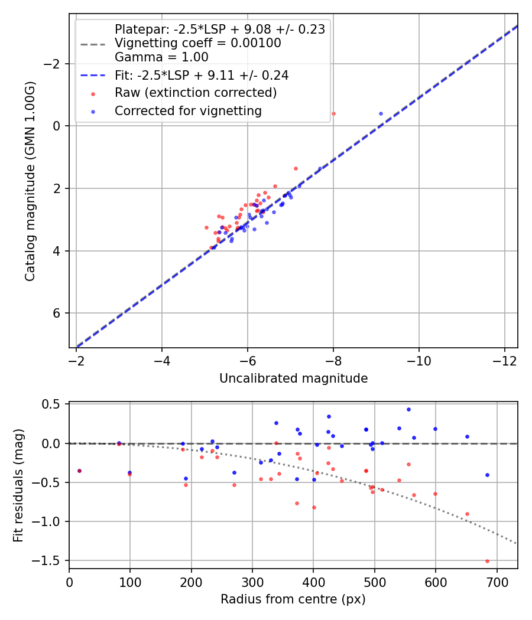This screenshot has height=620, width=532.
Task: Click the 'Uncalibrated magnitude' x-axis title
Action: tap(293, 378)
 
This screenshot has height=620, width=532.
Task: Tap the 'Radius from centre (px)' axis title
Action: tap(293, 599)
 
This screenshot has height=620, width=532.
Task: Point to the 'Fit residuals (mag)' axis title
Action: tap(18, 485)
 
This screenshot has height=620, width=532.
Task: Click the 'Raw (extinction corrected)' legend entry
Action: tap(196, 93)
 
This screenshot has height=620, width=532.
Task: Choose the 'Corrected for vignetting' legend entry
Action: tap(188, 110)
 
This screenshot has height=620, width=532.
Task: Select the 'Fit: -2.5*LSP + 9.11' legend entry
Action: tap(202, 76)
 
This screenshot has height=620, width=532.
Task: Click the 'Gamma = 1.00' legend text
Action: tap(161, 57)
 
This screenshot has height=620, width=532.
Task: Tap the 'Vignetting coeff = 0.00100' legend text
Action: tap(198, 43)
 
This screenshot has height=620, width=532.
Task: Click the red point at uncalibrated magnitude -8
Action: tap(333, 113)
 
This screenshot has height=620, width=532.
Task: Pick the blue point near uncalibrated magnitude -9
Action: tap(381, 113)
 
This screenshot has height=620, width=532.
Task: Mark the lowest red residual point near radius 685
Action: tap(487, 561)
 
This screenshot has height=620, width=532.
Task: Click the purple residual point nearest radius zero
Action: tap(79, 471)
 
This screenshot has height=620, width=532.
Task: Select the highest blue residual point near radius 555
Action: tap(408, 409)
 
